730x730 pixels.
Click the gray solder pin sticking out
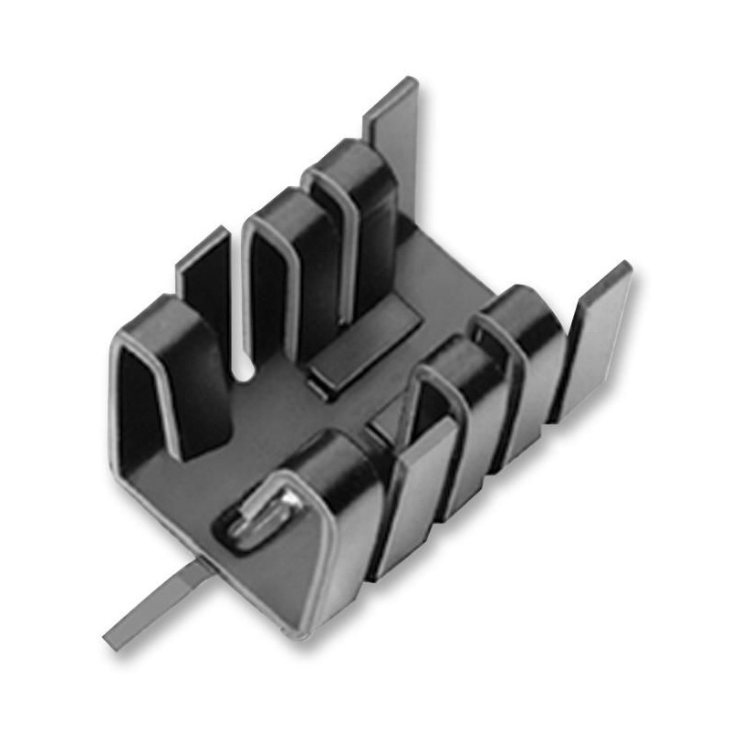point(155,603)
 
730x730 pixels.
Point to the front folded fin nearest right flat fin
point(529,365)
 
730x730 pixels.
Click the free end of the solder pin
point(114,630)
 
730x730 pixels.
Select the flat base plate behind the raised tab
point(429,274)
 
